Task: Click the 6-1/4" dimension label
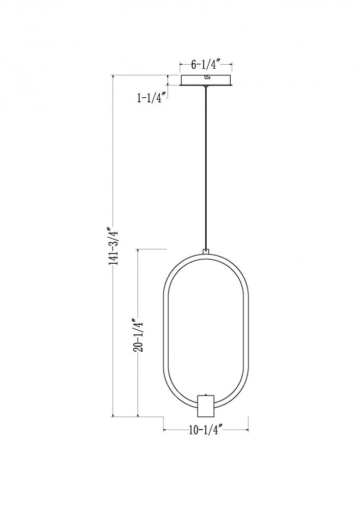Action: tap(206, 65)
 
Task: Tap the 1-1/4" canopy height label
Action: tap(152, 97)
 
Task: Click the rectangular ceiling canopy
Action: tap(206, 80)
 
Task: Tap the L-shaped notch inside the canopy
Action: tap(207, 77)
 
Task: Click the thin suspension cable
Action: tap(205, 168)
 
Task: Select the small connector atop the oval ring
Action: tap(205, 251)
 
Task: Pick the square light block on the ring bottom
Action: tap(206, 406)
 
